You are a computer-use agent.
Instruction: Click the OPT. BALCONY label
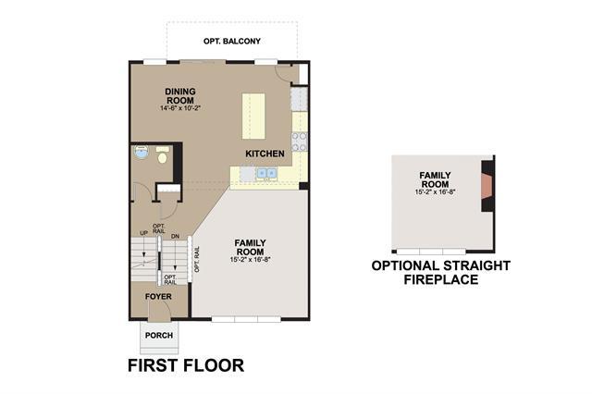tap(232, 41)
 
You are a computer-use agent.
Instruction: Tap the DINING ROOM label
tap(180, 96)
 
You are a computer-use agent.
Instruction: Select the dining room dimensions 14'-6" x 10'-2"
tap(179, 108)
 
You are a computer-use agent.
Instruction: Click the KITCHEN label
tap(265, 154)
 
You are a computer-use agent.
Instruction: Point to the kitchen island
tap(253, 116)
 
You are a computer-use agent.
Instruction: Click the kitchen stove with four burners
tap(299, 142)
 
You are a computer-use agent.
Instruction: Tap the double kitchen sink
tap(267, 173)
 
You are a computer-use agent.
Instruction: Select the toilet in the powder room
tap(163, 155)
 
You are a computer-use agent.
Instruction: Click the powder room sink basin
tap(142, 152)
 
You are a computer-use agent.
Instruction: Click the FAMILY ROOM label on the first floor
tap(250, 247)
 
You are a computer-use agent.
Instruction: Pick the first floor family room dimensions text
tap(251, 260)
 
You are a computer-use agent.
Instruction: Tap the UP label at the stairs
tap(144, 233)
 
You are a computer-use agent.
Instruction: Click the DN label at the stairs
tap(175, 236)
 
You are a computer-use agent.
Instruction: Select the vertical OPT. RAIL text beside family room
tap(196, 259)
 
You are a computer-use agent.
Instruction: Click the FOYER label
tap(158, 297)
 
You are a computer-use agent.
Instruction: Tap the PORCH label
tap(159, 335)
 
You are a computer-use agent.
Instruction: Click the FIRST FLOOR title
tap(186, 365)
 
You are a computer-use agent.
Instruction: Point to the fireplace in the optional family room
tap(487, 186)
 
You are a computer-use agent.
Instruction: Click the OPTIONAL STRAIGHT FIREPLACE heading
tap(441, 273)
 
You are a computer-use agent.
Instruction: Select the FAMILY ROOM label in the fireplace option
tap(435, 179)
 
